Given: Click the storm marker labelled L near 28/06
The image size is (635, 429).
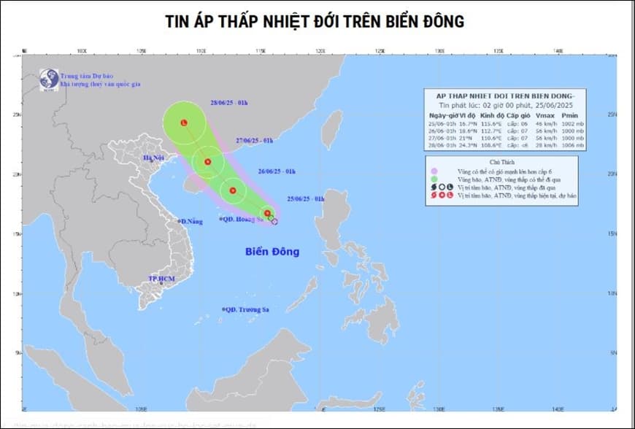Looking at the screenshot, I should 184,123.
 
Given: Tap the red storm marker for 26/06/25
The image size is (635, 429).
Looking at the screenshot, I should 233,191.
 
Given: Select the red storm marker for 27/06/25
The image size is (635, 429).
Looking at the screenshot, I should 208,162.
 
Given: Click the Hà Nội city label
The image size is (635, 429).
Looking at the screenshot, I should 155,158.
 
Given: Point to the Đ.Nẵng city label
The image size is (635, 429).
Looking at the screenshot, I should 191,221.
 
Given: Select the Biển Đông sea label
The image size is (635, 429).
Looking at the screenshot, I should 272,252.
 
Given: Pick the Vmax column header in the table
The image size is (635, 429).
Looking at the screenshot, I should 544,115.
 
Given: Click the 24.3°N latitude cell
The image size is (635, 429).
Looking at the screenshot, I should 463,146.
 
